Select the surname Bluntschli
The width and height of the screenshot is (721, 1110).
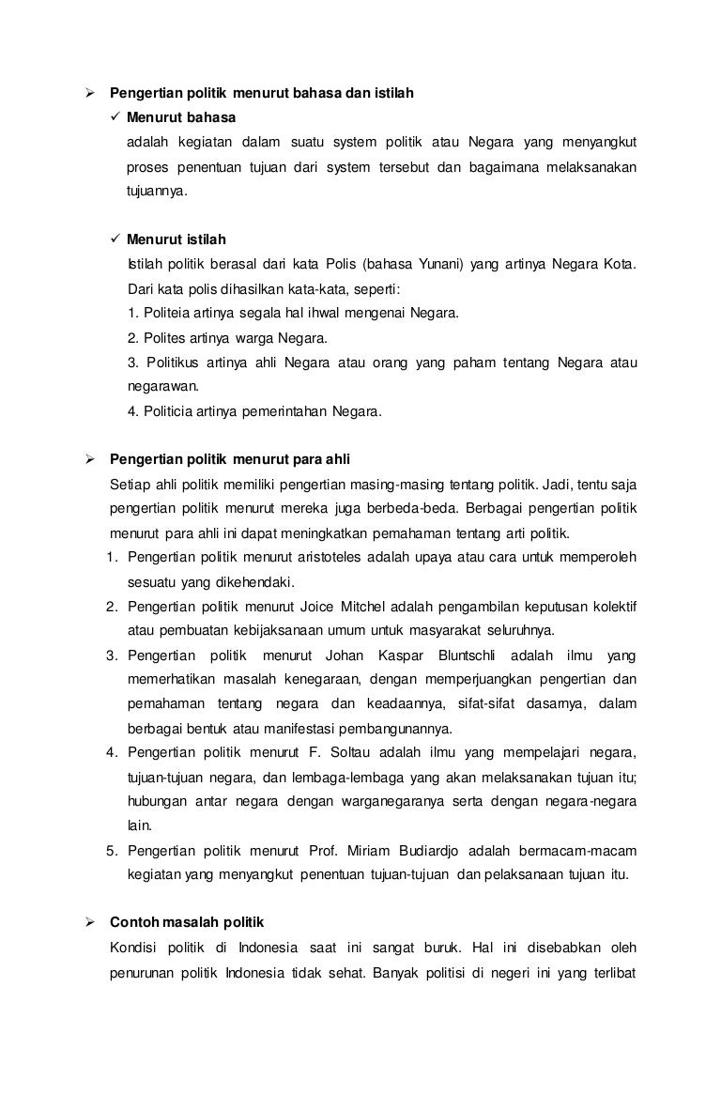tap(471, 655)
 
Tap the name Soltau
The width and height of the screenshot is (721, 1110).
tap(347, 752)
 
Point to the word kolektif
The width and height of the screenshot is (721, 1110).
tap(611, 606)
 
